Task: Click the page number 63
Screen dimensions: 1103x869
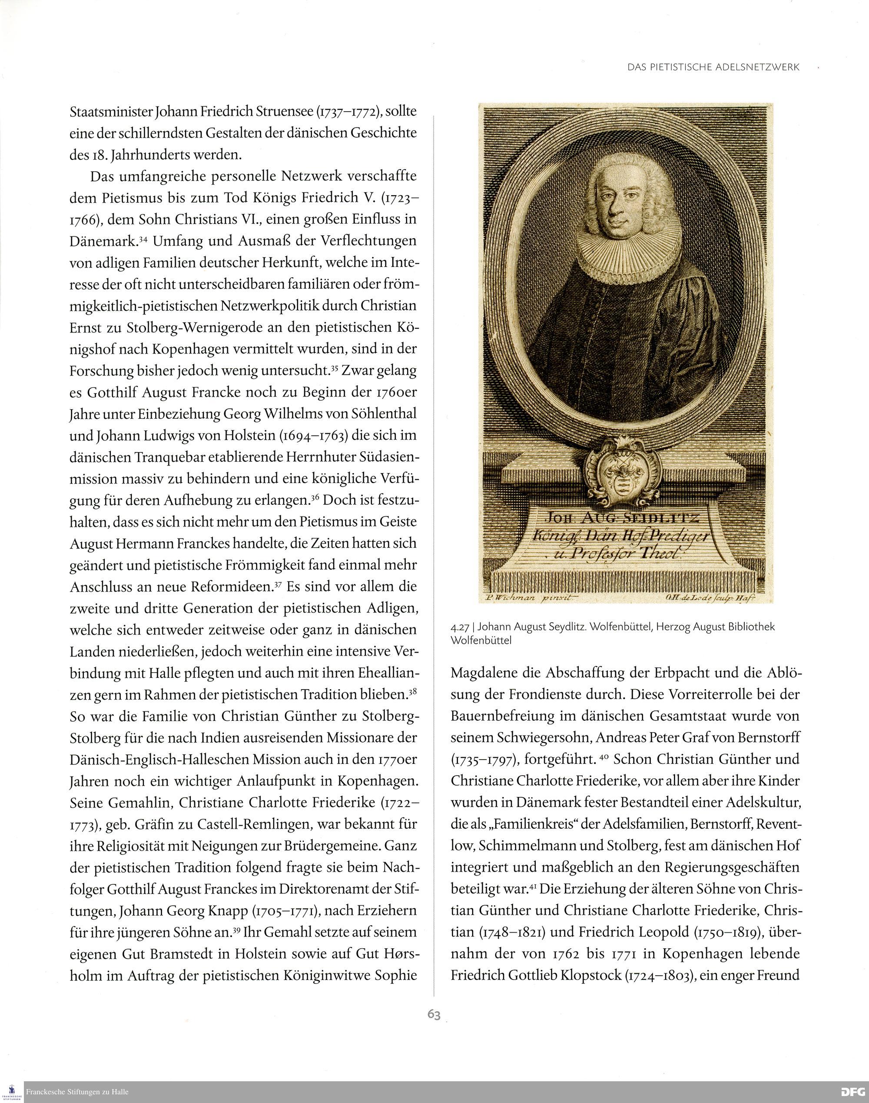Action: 434,1014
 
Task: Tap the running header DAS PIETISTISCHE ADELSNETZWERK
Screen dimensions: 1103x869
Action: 713,67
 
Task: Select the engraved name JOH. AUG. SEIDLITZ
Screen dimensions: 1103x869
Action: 622,518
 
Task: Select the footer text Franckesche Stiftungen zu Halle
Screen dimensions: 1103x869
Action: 77,1092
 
